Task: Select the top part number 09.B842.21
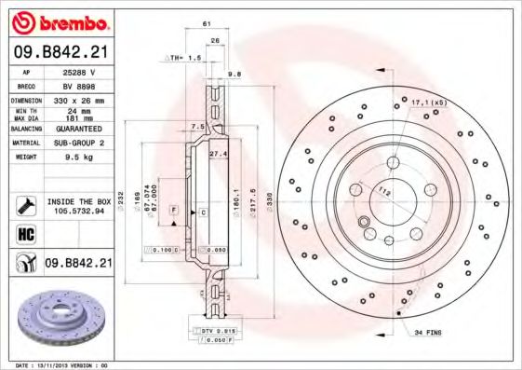[62, 54]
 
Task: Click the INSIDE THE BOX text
[78, 200]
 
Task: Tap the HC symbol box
[26, 235]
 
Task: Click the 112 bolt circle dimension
[383, 191]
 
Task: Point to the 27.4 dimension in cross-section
[219, 154]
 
